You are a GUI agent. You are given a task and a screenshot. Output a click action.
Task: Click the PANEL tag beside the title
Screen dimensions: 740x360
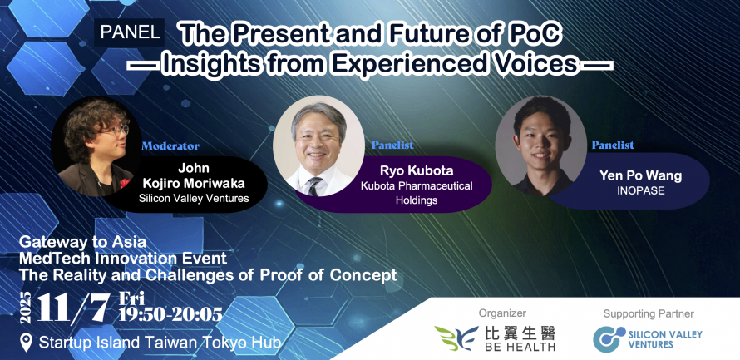point(130,32)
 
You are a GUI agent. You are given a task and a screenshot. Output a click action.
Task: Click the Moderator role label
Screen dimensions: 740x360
point(170,145)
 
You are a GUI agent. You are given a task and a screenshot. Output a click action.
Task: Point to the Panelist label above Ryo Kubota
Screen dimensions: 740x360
point(392,145)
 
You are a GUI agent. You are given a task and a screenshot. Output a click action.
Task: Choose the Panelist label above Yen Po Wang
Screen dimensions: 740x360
point(613,145)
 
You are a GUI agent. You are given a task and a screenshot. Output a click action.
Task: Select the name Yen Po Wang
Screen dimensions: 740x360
point(641,176)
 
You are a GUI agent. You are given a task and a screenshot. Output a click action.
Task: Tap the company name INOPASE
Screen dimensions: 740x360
point(640,192)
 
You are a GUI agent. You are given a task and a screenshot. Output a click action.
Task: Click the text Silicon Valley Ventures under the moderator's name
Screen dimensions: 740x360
point(194,198)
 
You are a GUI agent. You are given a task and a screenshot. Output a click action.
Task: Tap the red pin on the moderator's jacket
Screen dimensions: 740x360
point(125,183)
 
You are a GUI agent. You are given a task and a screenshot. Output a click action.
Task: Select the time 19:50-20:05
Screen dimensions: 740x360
point(170,313)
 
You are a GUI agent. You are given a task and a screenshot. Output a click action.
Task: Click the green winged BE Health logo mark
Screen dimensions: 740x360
point(456,338)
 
